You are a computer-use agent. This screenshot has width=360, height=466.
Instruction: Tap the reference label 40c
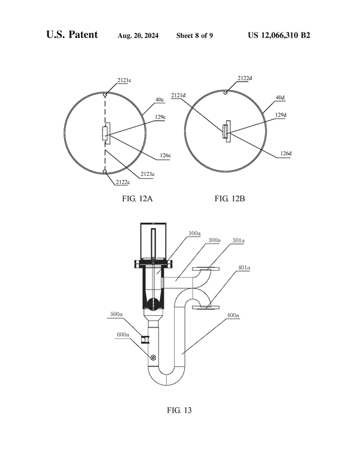[160, 99]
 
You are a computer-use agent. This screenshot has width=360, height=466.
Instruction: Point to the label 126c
[166, 156]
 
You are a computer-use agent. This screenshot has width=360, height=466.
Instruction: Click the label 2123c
[148, 174]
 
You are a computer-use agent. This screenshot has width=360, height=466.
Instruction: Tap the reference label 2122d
[245, 78]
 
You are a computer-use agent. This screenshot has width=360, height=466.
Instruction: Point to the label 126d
[284, 153]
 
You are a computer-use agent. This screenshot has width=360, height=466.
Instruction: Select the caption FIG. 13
[179, 411]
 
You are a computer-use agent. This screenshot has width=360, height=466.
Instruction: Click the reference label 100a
[194, 233]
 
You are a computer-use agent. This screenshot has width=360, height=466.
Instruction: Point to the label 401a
[244, 268]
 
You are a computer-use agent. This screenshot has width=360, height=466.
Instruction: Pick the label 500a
[118, 314]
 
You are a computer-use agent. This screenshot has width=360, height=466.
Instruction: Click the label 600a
[124, 335]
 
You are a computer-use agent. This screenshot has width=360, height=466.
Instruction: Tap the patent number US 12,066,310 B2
[279, 35]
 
